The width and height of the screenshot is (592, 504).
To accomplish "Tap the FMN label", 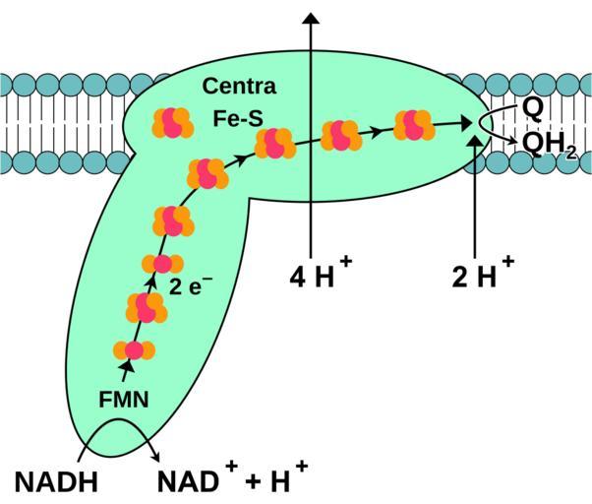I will (x=124, y=400).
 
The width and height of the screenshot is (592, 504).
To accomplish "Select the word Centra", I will (x=239, y=87).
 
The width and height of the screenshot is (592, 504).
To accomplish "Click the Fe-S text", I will (x=239, y=117).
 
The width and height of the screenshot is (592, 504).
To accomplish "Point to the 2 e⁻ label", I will (x=191, y=287).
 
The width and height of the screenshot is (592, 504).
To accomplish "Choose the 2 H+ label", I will (x=482, y=277).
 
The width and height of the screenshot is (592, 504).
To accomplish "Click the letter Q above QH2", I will (x=532, y=105).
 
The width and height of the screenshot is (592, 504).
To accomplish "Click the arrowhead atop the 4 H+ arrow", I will (x=311, y=17).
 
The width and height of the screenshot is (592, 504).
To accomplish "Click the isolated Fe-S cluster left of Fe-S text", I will (x=173, y=122).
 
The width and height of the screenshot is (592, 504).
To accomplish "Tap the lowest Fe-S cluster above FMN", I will (x=134, y=349).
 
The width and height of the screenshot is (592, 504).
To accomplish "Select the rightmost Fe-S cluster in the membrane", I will (x=414, y=125).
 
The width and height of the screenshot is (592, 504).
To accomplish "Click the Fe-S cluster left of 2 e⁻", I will (x=162, y=264).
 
